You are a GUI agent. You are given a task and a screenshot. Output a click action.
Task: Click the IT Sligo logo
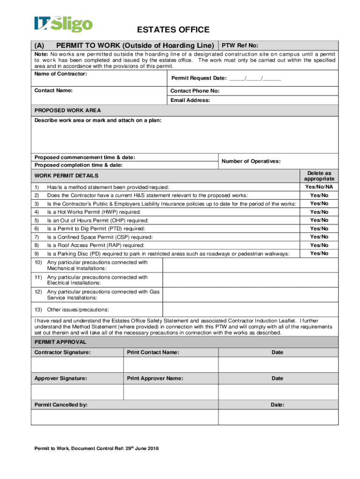coord(63,24)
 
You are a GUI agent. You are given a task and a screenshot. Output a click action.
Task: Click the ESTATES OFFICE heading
coord(173,30)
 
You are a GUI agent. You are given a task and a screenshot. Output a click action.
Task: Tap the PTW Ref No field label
coord(239,45)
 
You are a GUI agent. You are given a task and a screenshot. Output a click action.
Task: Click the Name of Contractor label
coord(54,74)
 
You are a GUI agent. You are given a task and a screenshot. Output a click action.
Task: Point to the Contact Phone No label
coord(195,91)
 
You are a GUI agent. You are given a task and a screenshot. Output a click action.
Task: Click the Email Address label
coord(190,100)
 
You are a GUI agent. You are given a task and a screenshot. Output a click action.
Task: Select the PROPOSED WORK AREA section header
coord(68,110)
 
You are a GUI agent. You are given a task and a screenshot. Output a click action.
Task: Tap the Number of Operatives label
coord(251,161)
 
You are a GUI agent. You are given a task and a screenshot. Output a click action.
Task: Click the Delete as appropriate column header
coord(319,176)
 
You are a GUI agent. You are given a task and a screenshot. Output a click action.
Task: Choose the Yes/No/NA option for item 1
coord(319,187)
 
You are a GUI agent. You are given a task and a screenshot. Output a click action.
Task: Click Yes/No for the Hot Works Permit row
coord(319,212)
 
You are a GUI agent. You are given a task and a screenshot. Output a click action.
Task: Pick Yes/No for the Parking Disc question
coord(319,254)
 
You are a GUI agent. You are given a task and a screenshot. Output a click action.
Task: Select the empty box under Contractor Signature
coord(77,364)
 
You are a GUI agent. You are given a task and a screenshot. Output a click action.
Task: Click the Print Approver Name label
coord(155,378)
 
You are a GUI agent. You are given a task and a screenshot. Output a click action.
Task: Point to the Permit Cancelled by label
coord(61,405)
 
